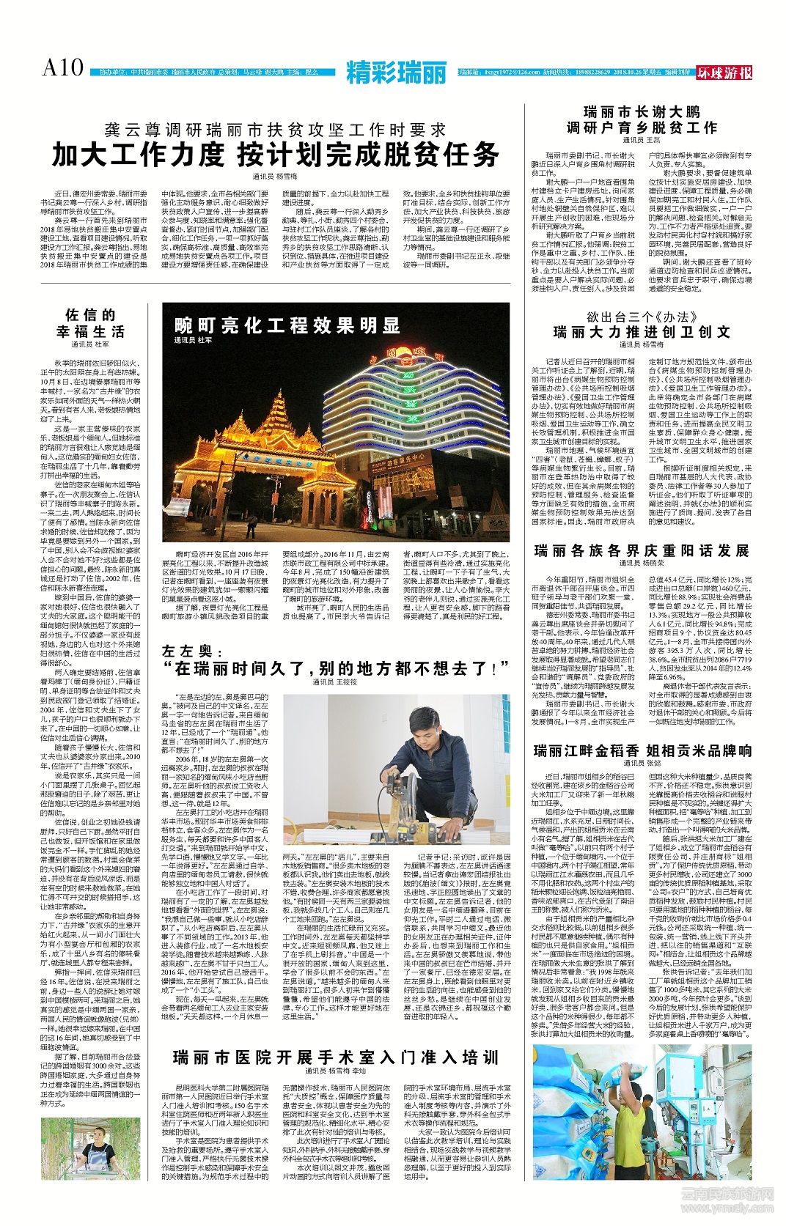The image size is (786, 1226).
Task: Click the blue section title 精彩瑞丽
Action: (397, 73)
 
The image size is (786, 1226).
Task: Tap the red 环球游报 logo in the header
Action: (724, 73)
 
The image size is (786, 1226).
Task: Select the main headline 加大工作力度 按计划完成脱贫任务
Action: (275, 155)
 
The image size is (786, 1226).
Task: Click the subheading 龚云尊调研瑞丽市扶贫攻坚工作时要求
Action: (275, 130)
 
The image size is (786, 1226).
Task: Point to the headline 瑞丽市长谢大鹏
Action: (642, 112)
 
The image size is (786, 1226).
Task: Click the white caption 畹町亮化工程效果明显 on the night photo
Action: (287, 325)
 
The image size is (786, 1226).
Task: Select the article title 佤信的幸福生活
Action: (91, 323)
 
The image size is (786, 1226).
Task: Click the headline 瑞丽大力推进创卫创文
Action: (642, 332)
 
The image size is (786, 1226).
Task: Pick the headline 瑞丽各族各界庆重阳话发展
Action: (642, 550)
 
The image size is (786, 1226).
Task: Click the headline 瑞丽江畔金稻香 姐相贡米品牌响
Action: (642, 750)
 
